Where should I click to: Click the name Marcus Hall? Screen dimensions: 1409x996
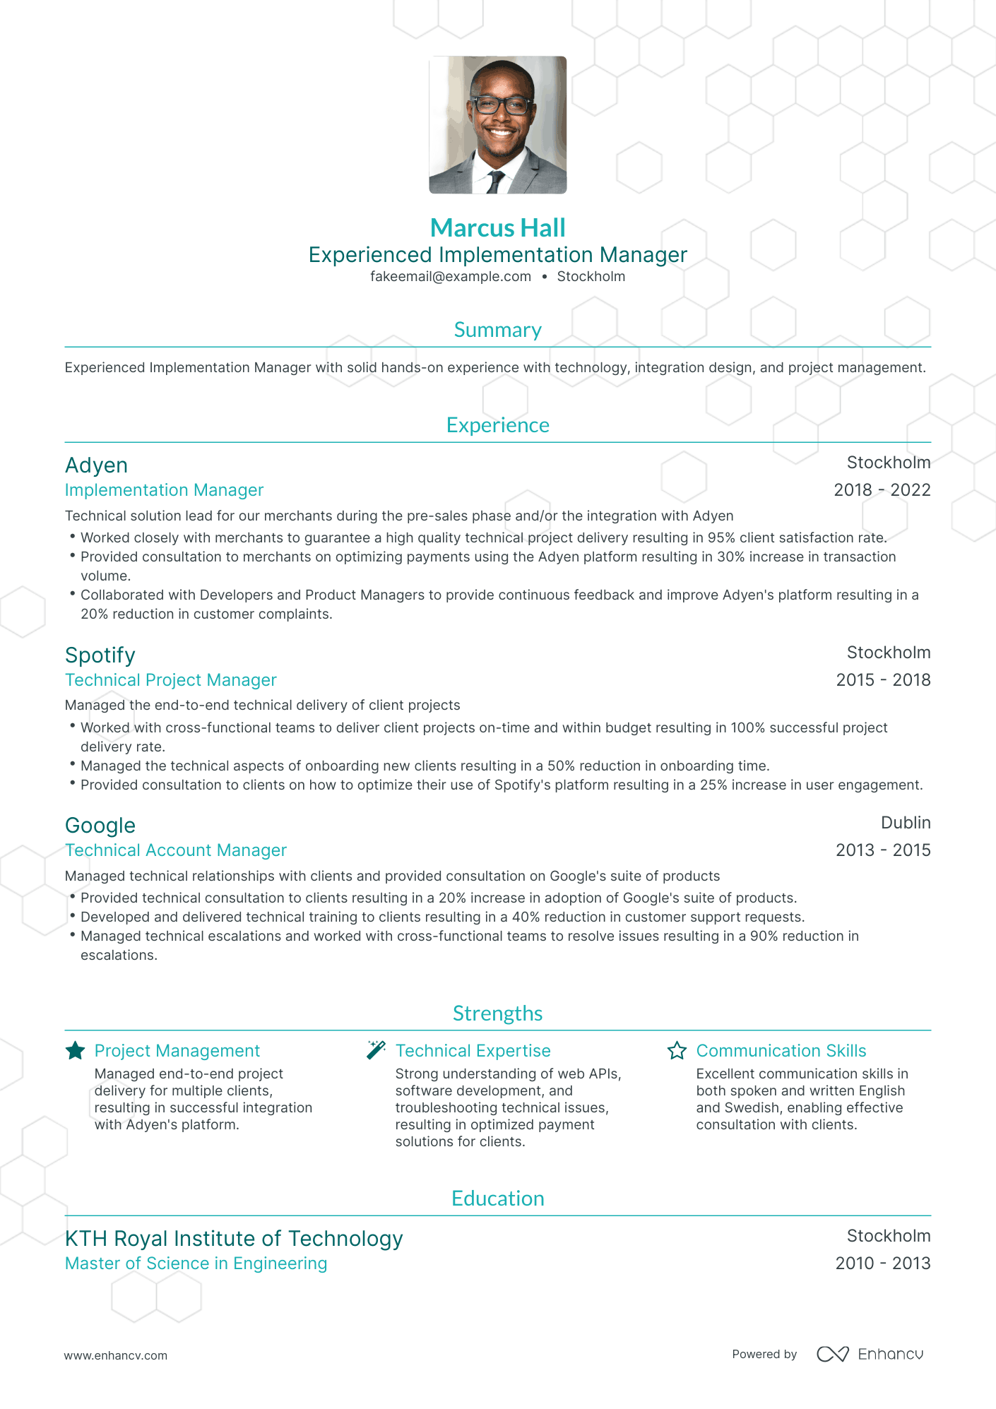pos(497,228)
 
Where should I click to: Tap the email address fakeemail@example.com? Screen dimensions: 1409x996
pos(451,277)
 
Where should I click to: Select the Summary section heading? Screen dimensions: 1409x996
pos(497,330)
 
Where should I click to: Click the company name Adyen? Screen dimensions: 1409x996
pos(97,465)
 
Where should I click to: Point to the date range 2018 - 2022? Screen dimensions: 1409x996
pos(882,490)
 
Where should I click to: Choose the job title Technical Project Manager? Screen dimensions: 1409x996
pos(171,680)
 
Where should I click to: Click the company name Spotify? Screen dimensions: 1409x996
pos(100,655)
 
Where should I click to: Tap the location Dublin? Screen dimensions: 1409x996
pos(906,823)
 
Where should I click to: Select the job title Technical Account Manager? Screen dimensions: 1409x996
pos(176,850)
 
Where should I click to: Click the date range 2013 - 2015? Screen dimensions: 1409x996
pos(883,850)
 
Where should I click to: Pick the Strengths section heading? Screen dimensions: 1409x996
pos(497,1013)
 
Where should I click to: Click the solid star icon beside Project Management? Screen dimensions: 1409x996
pos(76,1051)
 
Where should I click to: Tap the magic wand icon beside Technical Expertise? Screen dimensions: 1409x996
pos(376,1050)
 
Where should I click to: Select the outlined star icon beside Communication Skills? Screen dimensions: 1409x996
pos(677,1051)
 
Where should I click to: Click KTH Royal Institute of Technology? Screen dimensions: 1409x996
pos(234,1239)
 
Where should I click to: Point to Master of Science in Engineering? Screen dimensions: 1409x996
pos(196,1264)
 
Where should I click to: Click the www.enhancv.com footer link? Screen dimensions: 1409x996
pos(116,1355)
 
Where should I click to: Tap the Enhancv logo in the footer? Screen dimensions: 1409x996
pos(870,1354)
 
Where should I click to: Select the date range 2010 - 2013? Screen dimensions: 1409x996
pos(882,1264)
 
